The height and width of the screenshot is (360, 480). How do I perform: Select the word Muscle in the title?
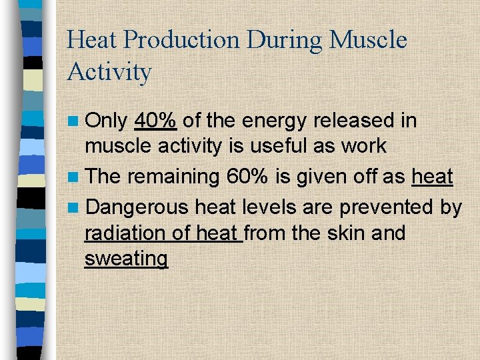[369, 41]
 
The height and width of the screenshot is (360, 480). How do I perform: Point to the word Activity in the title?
[109, 72]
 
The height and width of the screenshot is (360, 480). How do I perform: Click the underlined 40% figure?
[155, 121]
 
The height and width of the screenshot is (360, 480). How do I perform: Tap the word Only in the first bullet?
[107, 121]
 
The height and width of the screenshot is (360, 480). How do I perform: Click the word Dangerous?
[137, 207]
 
